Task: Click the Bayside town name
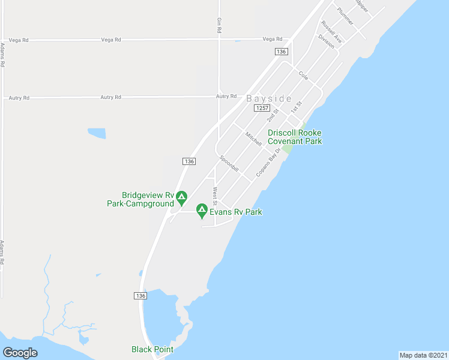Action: click(x=269, y=98)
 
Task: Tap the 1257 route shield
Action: click(x=261, y=108)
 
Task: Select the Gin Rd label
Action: click(x=220, y=25)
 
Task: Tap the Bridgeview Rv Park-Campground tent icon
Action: click(x=181, y=197)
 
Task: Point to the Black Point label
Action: click(x=152, y=349)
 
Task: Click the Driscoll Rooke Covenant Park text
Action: click(x=295, y=137)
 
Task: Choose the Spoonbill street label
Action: click(x=229, y=164)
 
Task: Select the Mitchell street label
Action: click(x=253, y=139)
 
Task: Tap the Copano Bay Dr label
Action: click(x=268, y=162)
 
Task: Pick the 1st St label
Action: click(x=295, y=108)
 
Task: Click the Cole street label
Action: click(x=303, y=76)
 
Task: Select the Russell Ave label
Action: click(x=331, y=32)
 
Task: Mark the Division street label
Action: click(x=326, y=41)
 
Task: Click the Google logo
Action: click(x=20, y=353)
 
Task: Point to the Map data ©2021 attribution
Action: click(x=423, y=355)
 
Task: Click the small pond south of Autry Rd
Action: click(x=97, y=133)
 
